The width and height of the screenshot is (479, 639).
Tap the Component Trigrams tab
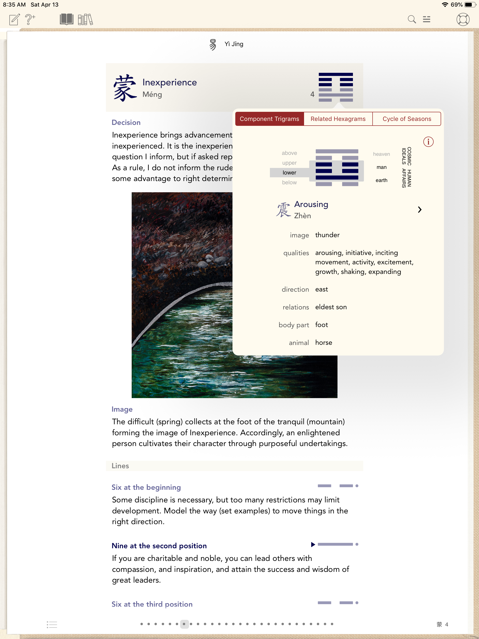tap(269, 119)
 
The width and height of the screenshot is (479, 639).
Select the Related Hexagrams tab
tap(338, 119)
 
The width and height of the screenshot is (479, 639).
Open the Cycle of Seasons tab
tap(406, 119)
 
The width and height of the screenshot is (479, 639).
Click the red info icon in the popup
tap(428, 142)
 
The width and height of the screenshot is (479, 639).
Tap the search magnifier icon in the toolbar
tap(412, 20)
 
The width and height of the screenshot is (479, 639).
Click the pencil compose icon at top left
tap(15, 20)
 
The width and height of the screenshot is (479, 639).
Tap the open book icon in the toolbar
tap(66, 20)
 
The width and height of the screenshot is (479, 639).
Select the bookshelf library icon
tap(85, 20)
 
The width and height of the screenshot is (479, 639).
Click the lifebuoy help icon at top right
tap(463, 20)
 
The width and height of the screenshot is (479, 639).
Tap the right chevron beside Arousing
tap(420, 210)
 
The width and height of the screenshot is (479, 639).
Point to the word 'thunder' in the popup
tap(327, 235)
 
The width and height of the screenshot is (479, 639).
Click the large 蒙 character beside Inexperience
tap(125, 88)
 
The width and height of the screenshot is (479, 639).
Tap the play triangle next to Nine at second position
tap(313, 545)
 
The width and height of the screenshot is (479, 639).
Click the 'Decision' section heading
tap(126, 123)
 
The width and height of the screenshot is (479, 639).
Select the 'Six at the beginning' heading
tap(146, 487)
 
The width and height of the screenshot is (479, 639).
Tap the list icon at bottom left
tap(52, 624)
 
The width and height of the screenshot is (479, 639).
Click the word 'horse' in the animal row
tap(323, 343)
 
